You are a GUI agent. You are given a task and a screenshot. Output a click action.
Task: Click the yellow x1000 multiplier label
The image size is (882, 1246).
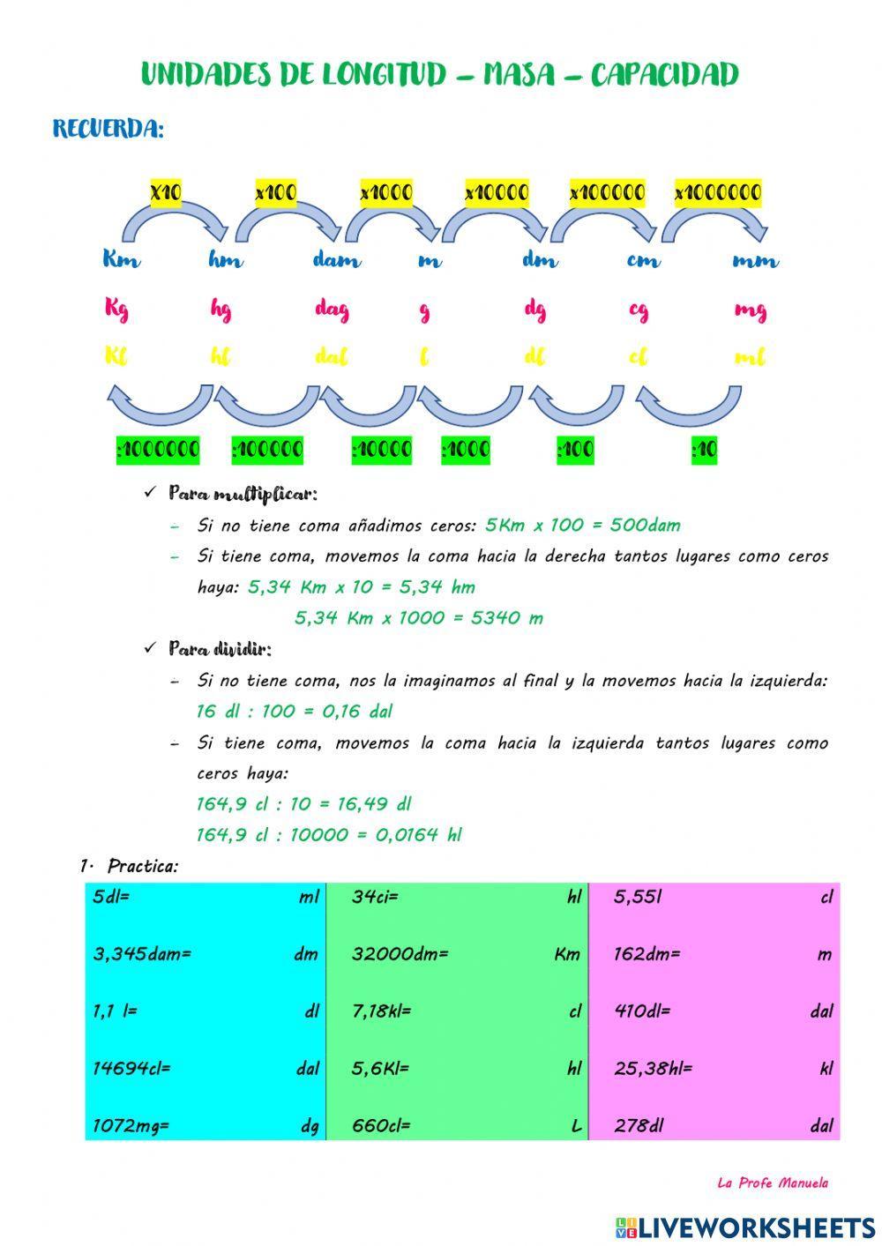point(385,192)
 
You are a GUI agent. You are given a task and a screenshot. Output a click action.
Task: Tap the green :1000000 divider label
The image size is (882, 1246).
point(158,450)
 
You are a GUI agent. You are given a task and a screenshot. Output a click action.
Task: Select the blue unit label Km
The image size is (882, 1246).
point(121,260)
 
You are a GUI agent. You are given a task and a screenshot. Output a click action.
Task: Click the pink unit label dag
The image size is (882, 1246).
point(332,310)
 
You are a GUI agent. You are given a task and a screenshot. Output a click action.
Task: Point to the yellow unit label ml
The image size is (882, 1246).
point(749,357)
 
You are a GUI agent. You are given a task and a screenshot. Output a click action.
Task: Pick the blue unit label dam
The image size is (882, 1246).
point(336,260)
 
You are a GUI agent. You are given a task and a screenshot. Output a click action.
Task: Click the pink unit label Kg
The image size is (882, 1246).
point(116,309)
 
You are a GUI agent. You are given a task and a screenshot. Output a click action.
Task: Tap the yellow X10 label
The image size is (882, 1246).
point(165,192)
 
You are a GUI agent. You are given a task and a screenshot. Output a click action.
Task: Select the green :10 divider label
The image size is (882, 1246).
point(704,450)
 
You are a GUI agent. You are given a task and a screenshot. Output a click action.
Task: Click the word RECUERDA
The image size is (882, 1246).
point(108,129)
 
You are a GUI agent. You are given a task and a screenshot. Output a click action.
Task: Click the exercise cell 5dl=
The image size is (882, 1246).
point(111,897)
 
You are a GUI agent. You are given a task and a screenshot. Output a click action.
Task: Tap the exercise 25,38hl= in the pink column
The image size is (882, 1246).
point(653,1069)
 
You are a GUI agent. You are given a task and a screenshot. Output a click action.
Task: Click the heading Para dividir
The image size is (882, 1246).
point(220,650)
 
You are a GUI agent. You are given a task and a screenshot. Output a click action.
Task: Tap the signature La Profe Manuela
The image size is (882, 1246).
point(772,1183)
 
